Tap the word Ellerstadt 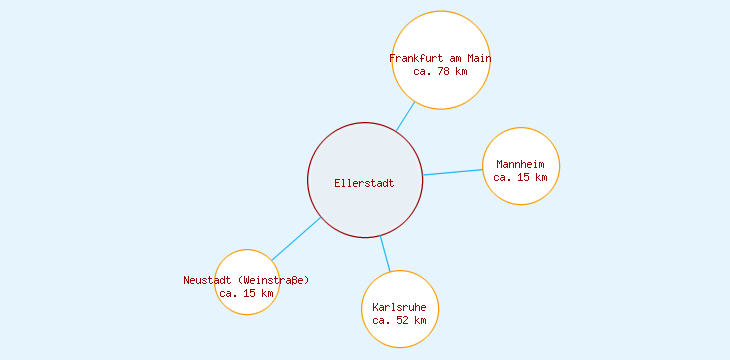365,183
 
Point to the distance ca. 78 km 440,71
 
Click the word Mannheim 521,164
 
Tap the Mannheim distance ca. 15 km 521,177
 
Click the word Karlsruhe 400,306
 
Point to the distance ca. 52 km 400,320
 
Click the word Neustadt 208,280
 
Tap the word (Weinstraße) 272,280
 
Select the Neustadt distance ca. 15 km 246,293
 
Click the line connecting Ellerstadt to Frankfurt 405,116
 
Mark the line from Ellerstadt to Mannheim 453,172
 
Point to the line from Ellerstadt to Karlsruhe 385,254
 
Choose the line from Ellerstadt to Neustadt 296,239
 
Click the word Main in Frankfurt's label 479,58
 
